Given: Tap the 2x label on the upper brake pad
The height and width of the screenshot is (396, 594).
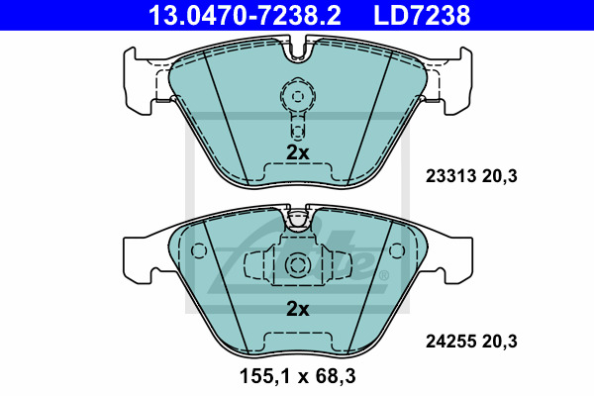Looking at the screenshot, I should [297, 152].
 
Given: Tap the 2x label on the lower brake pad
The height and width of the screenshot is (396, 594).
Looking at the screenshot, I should [297, 309].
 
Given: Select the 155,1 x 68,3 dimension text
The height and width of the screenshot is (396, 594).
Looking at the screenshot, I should [297, 377].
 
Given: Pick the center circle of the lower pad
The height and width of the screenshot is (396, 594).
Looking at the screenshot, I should [297, 264].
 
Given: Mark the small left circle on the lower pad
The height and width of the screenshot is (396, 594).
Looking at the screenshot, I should [198, 252].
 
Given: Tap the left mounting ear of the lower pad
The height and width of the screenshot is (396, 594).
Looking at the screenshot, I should [139, 255].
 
